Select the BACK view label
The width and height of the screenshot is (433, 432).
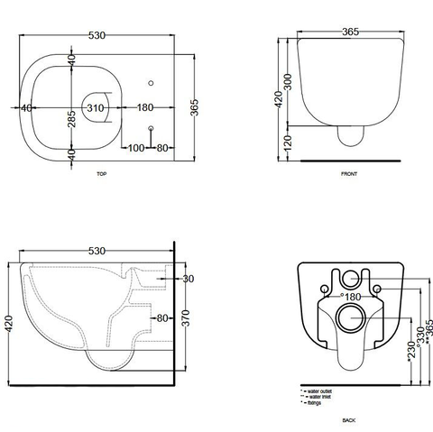click(348, 420)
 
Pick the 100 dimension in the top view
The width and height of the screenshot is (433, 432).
click(134, 147)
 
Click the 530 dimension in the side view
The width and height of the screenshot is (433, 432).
click(99, 252)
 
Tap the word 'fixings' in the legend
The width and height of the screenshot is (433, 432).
click(315, 403)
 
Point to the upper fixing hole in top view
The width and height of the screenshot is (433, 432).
click(151, 83)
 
